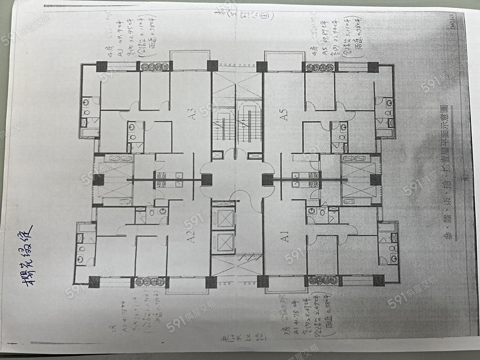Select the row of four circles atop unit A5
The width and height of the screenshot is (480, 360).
(x=320, y=67)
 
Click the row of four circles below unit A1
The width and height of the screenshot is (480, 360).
(x=320, y=280)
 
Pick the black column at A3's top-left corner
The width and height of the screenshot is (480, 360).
(x=101, y=67)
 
